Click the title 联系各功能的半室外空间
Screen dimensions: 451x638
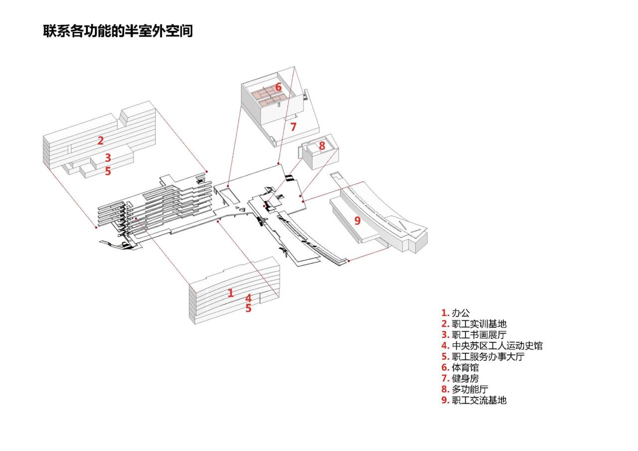118,30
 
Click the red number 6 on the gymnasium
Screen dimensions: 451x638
278,87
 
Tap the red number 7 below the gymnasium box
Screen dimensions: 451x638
293,127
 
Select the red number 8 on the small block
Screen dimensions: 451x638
322,146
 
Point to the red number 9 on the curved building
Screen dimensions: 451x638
357,221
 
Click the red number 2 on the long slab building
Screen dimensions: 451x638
101,141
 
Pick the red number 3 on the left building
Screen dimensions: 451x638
108,158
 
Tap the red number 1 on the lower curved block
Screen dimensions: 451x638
230,293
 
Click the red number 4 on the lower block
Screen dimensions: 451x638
248,298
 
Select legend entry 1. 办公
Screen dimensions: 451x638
455,313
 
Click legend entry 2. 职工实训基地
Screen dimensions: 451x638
474,324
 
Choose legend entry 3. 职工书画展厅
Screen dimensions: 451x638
474,335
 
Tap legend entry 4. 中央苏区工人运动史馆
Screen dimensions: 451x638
491,346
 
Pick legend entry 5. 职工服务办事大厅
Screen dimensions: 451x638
482,357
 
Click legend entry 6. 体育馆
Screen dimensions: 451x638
460,368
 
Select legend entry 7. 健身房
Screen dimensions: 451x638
460,378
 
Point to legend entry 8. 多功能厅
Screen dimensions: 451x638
465,389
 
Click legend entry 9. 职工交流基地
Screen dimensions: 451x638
474,400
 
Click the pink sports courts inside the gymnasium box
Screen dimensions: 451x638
265,97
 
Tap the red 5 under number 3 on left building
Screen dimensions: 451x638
108,172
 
